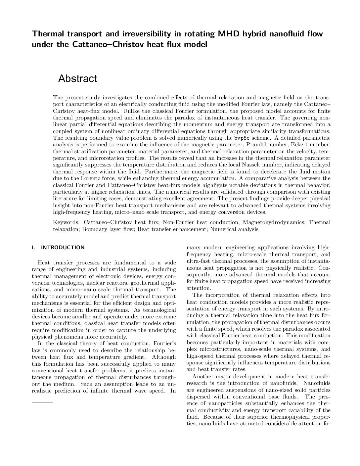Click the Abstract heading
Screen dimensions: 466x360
(77, 79)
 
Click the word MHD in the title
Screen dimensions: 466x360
(229, 34)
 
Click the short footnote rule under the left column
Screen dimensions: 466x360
(42, 401)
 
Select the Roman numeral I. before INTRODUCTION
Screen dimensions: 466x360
(33, 247)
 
